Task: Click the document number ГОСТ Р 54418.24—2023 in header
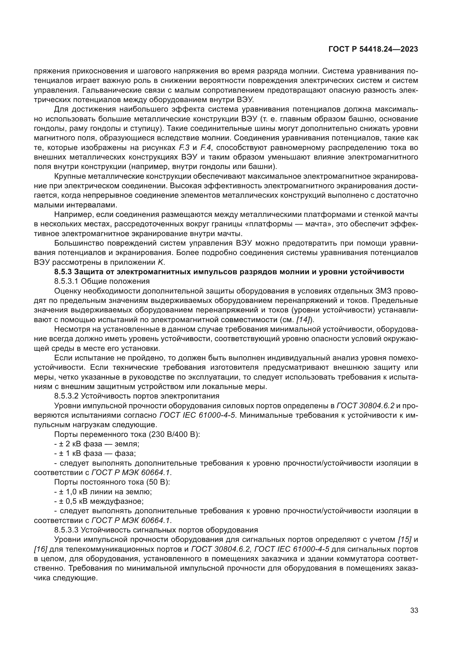click(x=373, y=49)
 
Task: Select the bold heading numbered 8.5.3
click(x=229, y=272)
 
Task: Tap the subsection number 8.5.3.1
click(x=66, y=281)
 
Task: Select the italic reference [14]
click(x=303, y=320)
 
